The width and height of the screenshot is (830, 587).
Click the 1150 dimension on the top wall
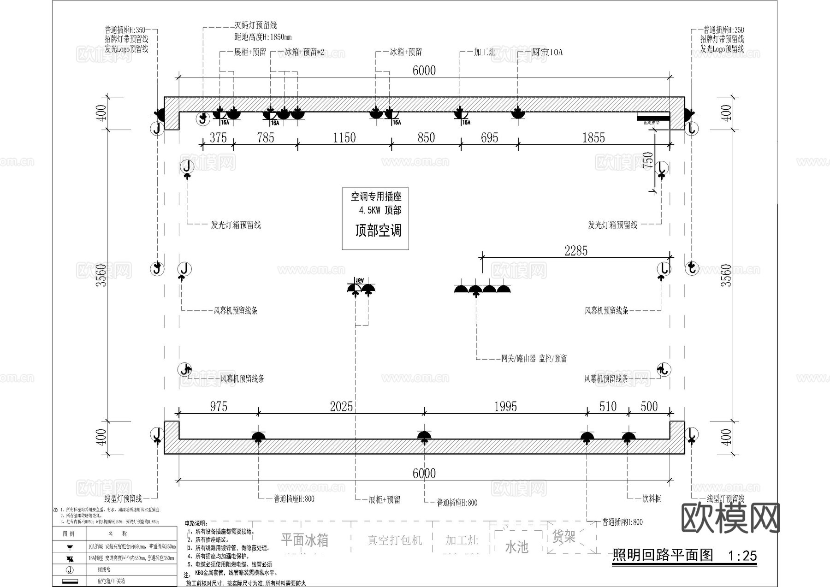coord(344,137)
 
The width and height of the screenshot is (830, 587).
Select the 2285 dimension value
coord(576,251)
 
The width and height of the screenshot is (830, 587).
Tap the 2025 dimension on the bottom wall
coord(341,406)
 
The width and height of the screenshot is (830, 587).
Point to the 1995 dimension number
coord(505,406)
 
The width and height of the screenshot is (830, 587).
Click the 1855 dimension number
coord(593,137)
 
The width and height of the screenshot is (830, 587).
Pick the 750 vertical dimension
coord(648,160)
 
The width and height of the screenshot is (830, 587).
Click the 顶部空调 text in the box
coord(378,231)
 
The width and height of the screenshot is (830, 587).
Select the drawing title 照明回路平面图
coord(662,555)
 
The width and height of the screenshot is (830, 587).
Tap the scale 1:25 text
coord(742,556)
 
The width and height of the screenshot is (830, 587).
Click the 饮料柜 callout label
coord(652,498)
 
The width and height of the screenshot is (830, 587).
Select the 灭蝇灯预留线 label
coord(255,25)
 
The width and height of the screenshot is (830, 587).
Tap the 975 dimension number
coord(219,406)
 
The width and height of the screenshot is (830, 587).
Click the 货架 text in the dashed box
coord(563,536)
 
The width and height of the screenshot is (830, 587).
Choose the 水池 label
coord(516,547)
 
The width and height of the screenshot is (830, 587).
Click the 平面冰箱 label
coord(305,540)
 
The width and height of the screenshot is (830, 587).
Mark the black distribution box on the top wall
coord(653,118)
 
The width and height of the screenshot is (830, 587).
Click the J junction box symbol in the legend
coord(70,570)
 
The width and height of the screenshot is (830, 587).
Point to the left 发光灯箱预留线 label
coord(236,225)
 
